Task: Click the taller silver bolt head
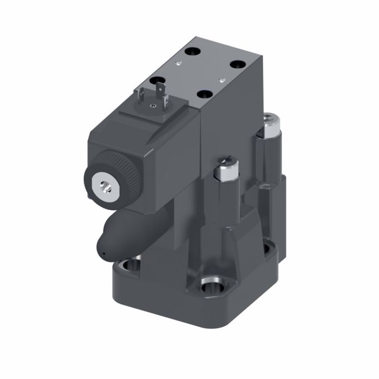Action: pos(270,126)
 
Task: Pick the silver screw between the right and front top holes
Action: pos(220,80)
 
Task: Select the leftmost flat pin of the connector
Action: pos(141,95)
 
